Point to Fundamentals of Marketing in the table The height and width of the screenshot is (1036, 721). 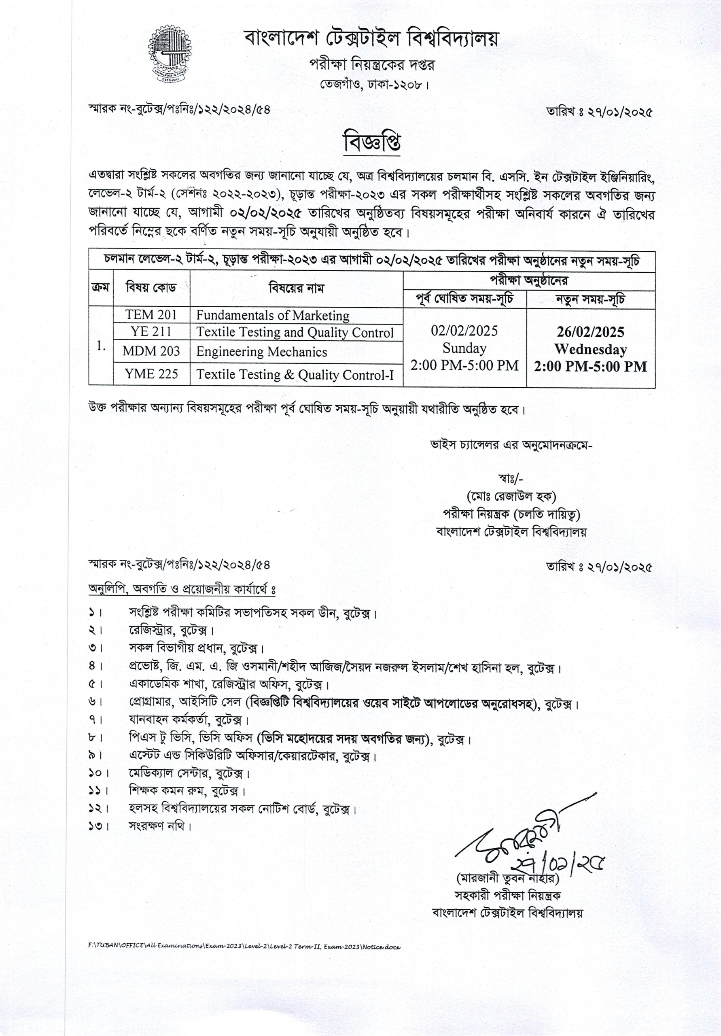[x=273, y=315]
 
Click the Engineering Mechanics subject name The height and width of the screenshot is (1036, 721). [x=261, y=352]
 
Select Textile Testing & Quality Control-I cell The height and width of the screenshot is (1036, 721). [x=295, y=374]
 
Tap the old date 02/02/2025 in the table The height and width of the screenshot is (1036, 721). [x=464, y=331]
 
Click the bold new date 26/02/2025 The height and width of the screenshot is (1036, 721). [x=590, y=332]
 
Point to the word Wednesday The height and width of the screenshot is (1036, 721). [x=590, y=349]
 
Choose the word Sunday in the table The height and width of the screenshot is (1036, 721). [x=464, y=348]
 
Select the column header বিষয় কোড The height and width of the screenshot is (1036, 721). [x=151, y=287]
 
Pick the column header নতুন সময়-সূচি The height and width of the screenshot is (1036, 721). [x=590, y=299]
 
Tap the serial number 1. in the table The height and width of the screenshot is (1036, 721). [x=101, y=346]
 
